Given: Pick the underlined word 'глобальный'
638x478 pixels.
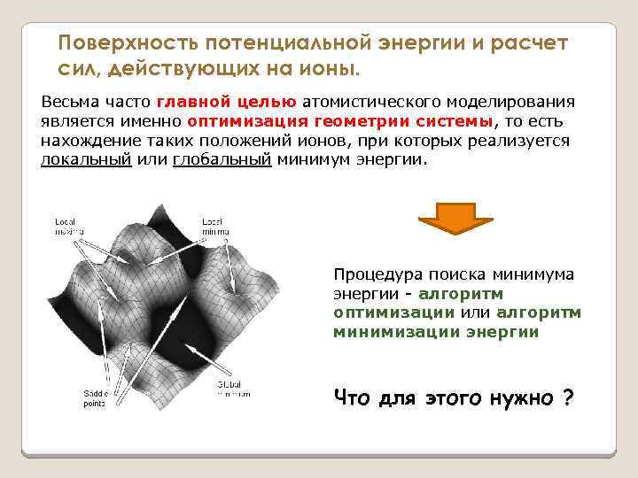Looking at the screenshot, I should click(x=222, y=160).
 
